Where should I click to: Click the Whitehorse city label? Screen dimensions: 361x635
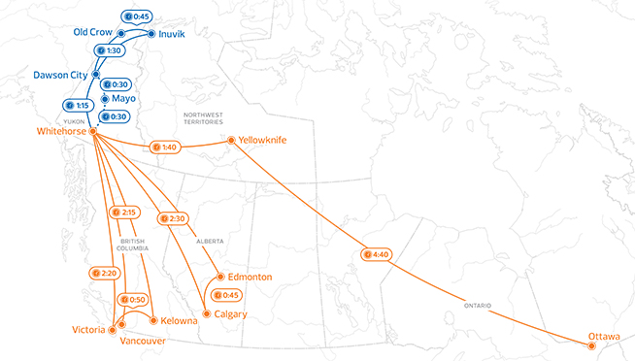[60, 131]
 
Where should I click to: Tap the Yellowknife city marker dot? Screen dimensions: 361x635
[230, 141]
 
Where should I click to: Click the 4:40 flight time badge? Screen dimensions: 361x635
[375, 255]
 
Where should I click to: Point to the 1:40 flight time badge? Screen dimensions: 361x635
[164, 148]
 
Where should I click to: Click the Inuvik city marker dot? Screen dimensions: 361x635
[151, 33]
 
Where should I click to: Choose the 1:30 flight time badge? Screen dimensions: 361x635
[107, 49]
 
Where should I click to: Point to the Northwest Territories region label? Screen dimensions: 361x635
[203, 118]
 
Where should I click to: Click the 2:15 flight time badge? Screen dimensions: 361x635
[125, 212]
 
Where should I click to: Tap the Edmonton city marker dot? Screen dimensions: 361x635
[221, 277]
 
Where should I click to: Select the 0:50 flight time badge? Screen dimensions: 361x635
[134, 300]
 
